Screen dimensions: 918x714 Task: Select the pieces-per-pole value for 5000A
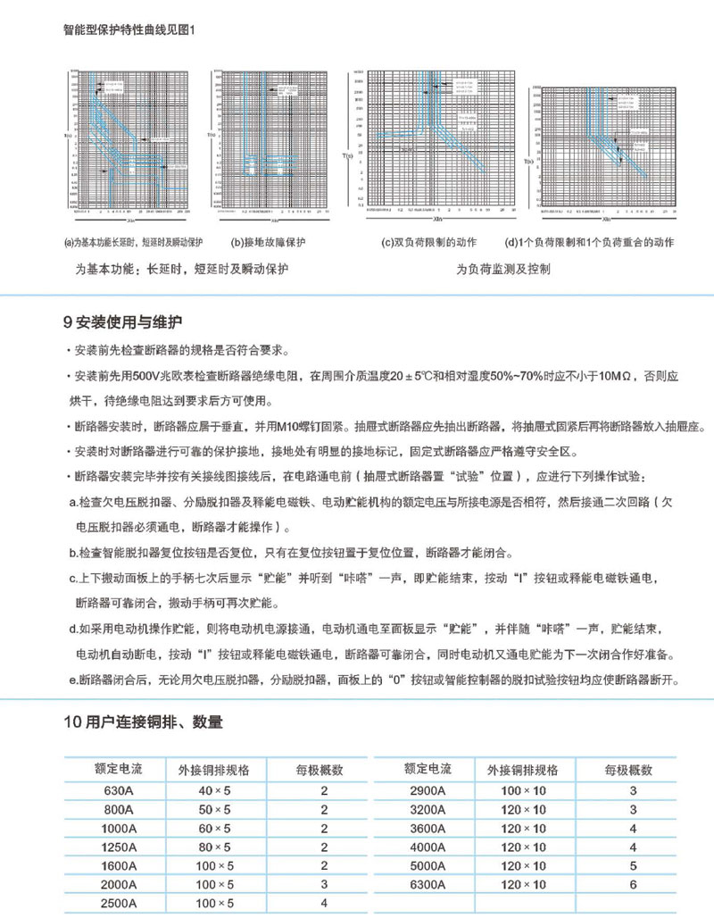tap(633, 865)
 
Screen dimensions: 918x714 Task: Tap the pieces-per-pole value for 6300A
tap(633, 884)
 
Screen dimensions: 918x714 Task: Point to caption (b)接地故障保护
tap(268, 242)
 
